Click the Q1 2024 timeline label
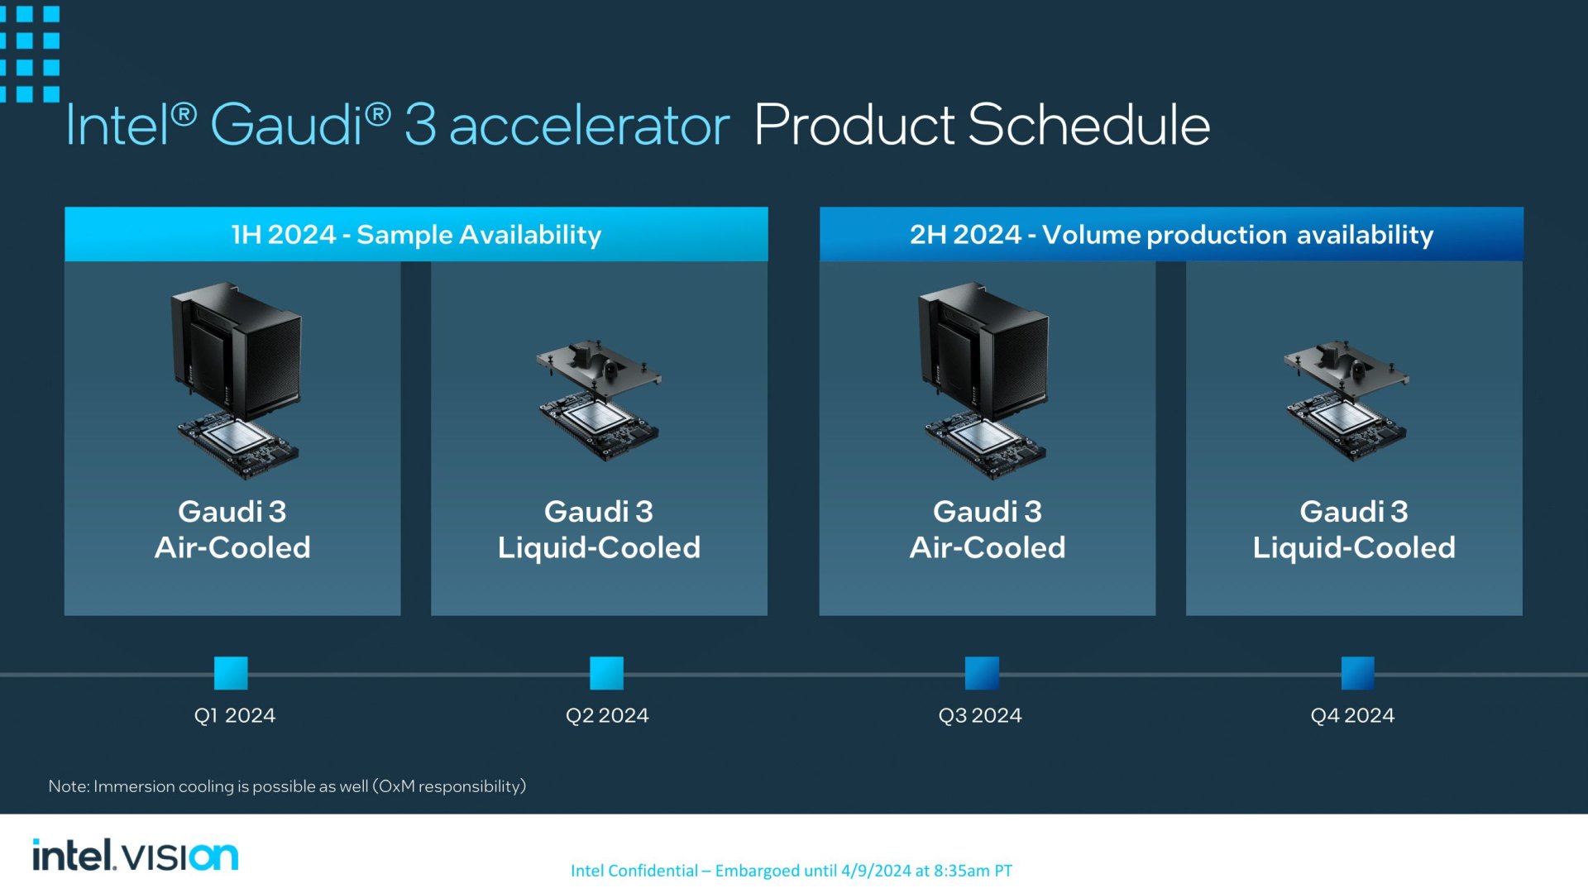235,715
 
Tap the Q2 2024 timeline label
607,715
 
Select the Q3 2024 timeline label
980,715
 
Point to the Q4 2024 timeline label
1352,715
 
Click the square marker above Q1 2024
231,673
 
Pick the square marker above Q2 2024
606,673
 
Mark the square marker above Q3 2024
982,673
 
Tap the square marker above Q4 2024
1357,673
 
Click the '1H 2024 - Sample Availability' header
416,234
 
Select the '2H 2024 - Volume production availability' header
1171,234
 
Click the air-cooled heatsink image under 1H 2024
237,380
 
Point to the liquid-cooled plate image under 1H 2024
599,399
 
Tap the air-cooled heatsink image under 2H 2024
984,380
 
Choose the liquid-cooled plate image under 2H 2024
1346,399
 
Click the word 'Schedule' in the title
1088,125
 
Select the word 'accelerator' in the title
589,127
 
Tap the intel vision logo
135,855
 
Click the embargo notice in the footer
792,871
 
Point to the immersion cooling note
287,786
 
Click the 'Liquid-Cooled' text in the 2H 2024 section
1354,547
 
